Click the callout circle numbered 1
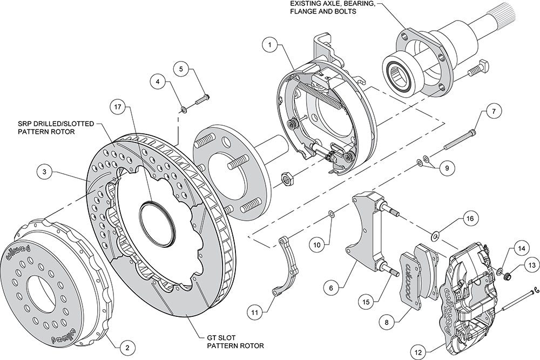pos(270,45)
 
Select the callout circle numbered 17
pos(119,107)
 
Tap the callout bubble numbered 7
pos(494,111)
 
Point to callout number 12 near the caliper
pos(418,352)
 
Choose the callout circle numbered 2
pos(127,347)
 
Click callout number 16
pos(471,219)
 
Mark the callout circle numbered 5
pos(183,69)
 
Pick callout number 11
pos(255,313)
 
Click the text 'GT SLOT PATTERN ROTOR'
pos(235,342)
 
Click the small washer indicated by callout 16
pos(435,236)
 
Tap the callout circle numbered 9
pos(447,168)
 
